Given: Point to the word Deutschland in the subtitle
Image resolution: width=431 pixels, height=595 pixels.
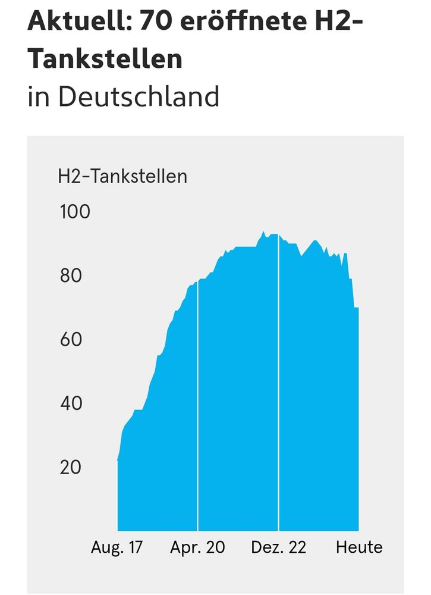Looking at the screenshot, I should pos(138,96).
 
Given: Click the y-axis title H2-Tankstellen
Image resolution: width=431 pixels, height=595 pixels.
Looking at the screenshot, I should pos(122,176).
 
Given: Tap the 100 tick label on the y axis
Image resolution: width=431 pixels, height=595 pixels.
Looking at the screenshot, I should pos(75,211).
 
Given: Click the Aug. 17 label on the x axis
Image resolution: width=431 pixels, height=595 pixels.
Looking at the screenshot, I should pos(117,547).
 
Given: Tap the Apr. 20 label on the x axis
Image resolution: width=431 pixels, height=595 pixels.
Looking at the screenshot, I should pos(197,547).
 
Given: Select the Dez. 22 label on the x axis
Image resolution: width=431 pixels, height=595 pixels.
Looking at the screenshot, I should pos(278,547).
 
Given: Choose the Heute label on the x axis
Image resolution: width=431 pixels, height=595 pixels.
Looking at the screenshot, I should pos(359,547).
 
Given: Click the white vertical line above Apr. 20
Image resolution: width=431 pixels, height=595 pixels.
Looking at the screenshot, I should pos(197,405).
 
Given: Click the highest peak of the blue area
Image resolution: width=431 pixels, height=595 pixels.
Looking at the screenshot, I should pos(263,233).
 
